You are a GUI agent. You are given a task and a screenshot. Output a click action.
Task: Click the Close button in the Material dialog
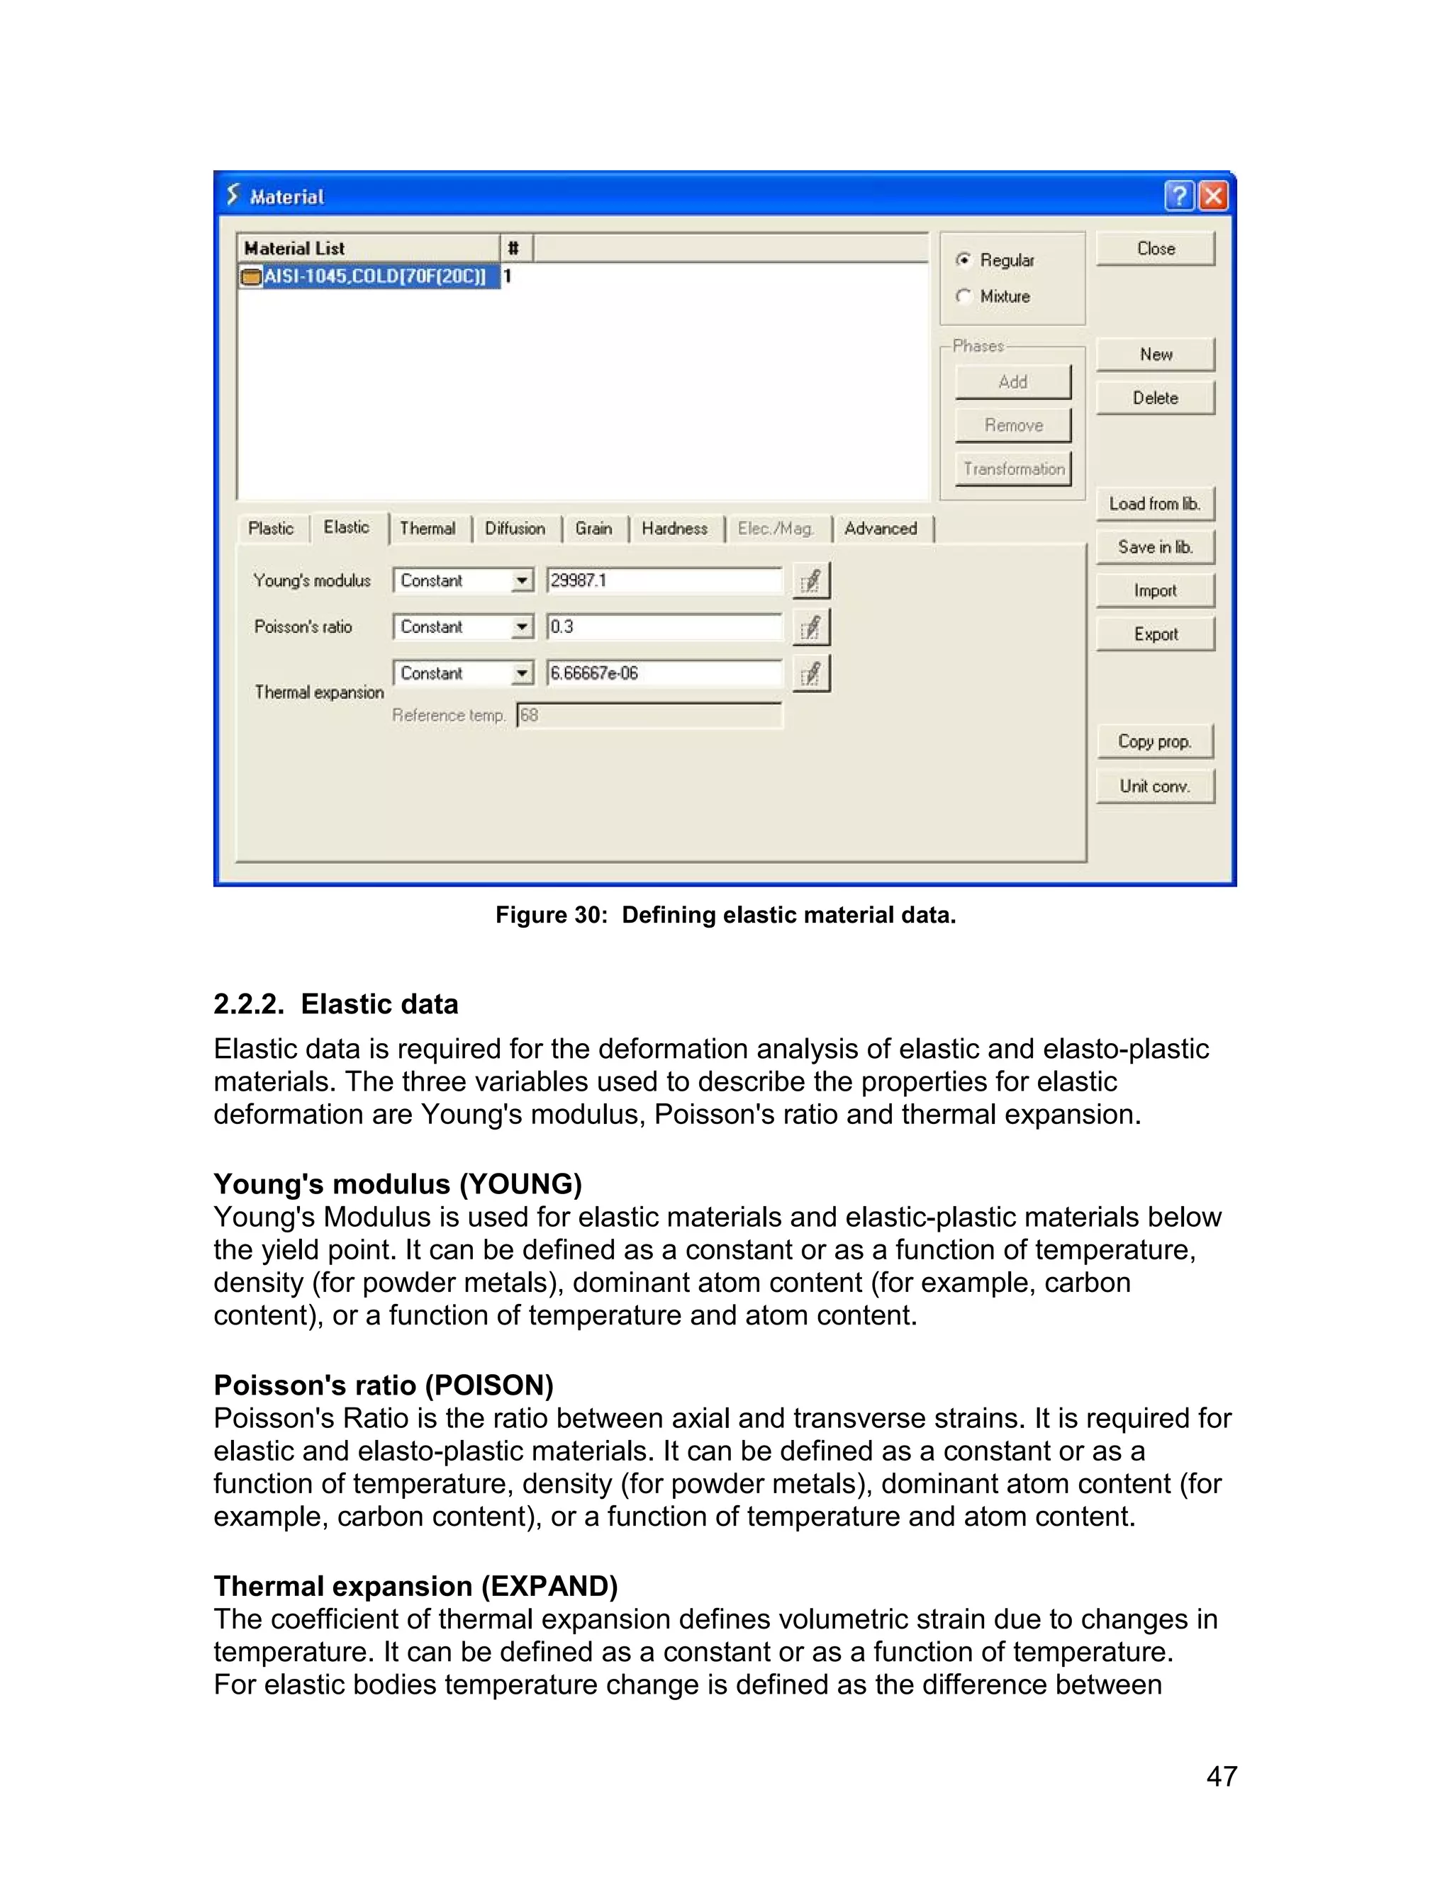click(x=1155, y=249)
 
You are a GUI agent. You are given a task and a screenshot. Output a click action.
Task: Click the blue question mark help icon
click(x=1178, y=196)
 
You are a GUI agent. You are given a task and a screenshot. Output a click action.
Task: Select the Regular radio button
click(x=964, y=259)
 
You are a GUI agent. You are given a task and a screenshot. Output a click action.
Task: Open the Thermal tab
click(x=428, y=528)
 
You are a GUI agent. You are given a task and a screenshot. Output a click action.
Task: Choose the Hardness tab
click(x=674, y=528)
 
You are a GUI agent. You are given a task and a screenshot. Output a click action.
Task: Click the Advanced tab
click(x=881, y=528)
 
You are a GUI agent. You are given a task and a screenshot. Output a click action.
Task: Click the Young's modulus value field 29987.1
click(x=663, y=580)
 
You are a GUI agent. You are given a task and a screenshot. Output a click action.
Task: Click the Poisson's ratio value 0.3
click(x=663, y=627)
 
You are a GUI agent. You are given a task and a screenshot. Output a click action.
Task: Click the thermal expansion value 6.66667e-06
click(x=663, y=673)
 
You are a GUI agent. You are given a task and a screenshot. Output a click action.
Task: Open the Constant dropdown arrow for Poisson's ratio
click(x=521, y=627)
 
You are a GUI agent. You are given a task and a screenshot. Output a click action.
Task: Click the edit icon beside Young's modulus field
click(x=810, y=581)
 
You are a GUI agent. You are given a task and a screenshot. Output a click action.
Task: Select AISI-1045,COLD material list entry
click(x=374, y=276)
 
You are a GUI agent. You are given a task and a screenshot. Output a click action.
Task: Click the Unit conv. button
click(x=1154, y=786)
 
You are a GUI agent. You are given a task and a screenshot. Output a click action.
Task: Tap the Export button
click(x=1155, y=634)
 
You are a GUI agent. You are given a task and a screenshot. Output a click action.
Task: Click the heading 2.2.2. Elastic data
click(x=335, y=1003)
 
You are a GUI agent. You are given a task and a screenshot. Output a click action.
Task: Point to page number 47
click(x=1222, y=1776)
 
